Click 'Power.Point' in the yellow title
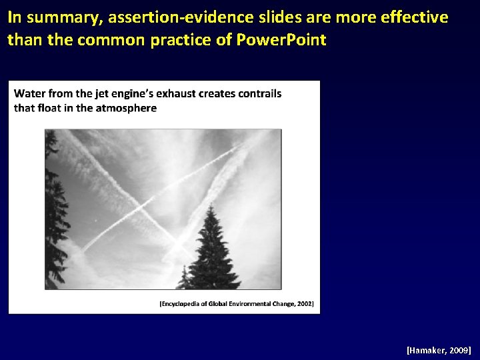coord(281,40)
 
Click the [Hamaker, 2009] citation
coord(439,349)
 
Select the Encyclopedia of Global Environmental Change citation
coord(236,304)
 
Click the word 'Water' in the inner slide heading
coord(29,93)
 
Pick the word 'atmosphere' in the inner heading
coord(125,108)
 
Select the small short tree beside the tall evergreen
coord(184,279)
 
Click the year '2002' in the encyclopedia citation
coord(304,304)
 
